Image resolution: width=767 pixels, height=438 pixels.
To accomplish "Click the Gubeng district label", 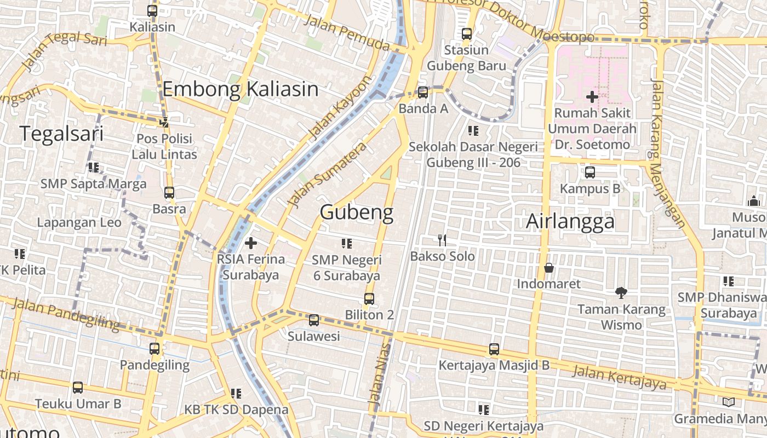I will click(x=357, y=212).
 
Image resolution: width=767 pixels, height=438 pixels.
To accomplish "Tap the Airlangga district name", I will click(x=570, y=222).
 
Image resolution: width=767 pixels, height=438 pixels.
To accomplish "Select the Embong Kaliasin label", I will click(x=241, y=89).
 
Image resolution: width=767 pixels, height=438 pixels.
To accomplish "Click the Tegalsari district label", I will click(x=61, y=133).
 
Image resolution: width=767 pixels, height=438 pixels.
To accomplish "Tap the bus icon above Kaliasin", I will click(x=152, y=10).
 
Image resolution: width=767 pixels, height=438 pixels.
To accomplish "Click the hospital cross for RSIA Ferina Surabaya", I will click(x=251, y=243).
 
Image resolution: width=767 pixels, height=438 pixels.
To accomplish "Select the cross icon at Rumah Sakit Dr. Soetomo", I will click(x=592, y=97).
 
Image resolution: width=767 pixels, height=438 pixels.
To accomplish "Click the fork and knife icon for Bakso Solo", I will click(x=442, y=240).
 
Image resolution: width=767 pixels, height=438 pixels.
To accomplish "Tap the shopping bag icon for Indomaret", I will click(x=548, y=268).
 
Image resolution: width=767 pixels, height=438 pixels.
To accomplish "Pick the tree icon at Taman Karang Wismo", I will click(x=621, y=293).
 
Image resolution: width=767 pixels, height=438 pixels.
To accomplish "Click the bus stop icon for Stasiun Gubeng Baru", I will click(x=466, y=34).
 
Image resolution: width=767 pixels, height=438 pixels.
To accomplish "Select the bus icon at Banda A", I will click(x=423, y=92).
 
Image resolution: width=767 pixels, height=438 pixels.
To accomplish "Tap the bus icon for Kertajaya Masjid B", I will click(x=494, y=349).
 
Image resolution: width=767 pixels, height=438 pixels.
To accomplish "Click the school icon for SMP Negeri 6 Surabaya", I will click(x=346, y=243).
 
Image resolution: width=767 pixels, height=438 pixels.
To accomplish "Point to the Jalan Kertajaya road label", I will click(x=619, y=377).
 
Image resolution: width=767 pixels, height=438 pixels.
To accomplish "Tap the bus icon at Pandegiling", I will click(x=154, y=348).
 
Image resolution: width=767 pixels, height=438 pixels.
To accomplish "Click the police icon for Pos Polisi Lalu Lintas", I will click(x=164, y=123).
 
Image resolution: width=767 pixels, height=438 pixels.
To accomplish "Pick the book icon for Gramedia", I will click(x=728, y=402).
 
